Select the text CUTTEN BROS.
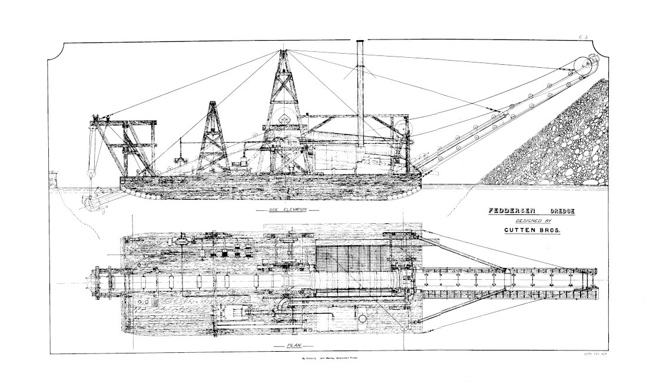click(527, 230)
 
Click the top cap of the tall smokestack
click(360, 42)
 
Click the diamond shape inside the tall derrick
click(284, 117)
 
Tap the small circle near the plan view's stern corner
click(363, 318)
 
